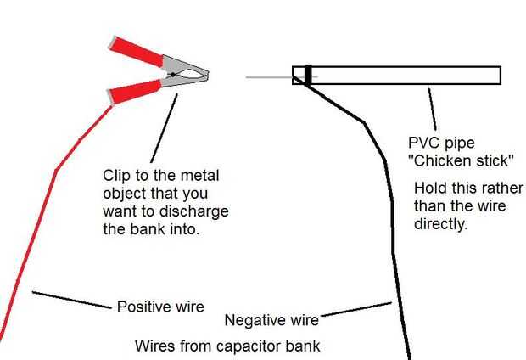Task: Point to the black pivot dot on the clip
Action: coord(172,76)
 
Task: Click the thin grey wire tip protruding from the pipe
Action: coord(267,77)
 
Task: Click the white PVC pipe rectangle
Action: coord(407,75)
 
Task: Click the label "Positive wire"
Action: coord(160,307)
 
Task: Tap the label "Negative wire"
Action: coord(271,320)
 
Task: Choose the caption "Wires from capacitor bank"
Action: coord(227,346)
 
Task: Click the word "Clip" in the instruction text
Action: coord(115,176)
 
